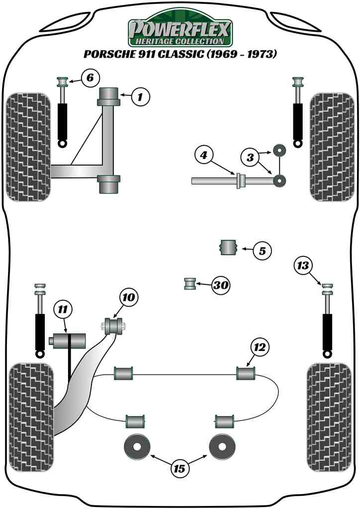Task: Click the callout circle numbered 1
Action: pyautogui.click(x=141, y=97)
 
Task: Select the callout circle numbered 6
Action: pyautogui.click(x=90, y=78)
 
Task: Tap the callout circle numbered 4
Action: pyautogui.click(x=204, y=156)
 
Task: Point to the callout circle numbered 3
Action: pyautogui.click(x=251, y=158)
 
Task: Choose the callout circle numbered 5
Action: pyautogui.click(x=262, y=251)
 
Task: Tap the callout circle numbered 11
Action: pyautogui.click(x=63, y=310)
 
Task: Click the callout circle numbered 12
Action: pyautogui.click(x=261, y=347)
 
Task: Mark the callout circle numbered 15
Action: pyautogui.click(x=180, y=468)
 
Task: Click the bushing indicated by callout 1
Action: pyautogui.click(x=108, y=96)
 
